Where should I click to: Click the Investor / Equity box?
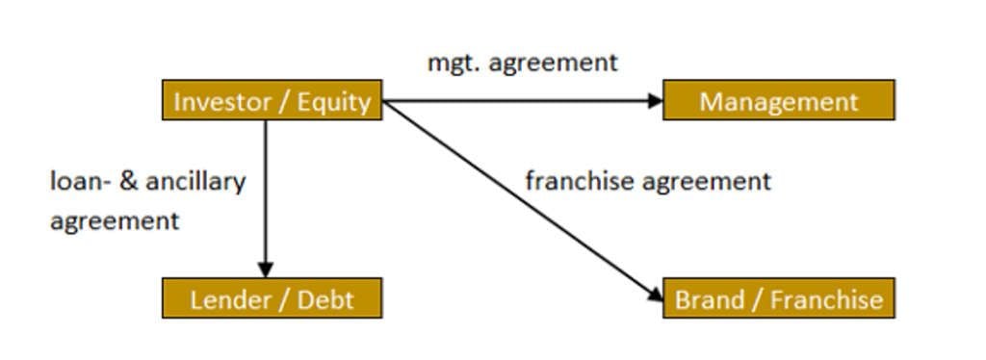pos(272,100)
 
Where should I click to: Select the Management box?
pos(778,100)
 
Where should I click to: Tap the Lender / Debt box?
pos(272,298)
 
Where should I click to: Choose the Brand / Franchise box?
pos(778,298)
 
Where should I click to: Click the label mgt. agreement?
pos(523,64)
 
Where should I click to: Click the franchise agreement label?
pos(647,181)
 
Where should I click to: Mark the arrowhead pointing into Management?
pos(657,100)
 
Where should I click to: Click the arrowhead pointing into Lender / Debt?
pos(266,270)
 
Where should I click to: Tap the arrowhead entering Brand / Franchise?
pos(656,293)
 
